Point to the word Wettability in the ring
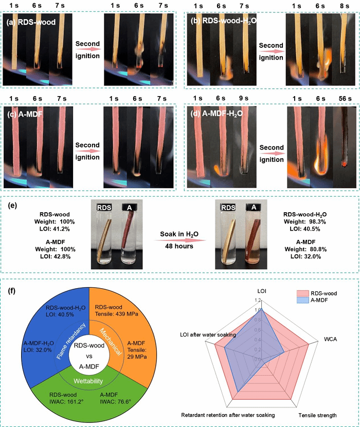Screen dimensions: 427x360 tap(87, 381)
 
